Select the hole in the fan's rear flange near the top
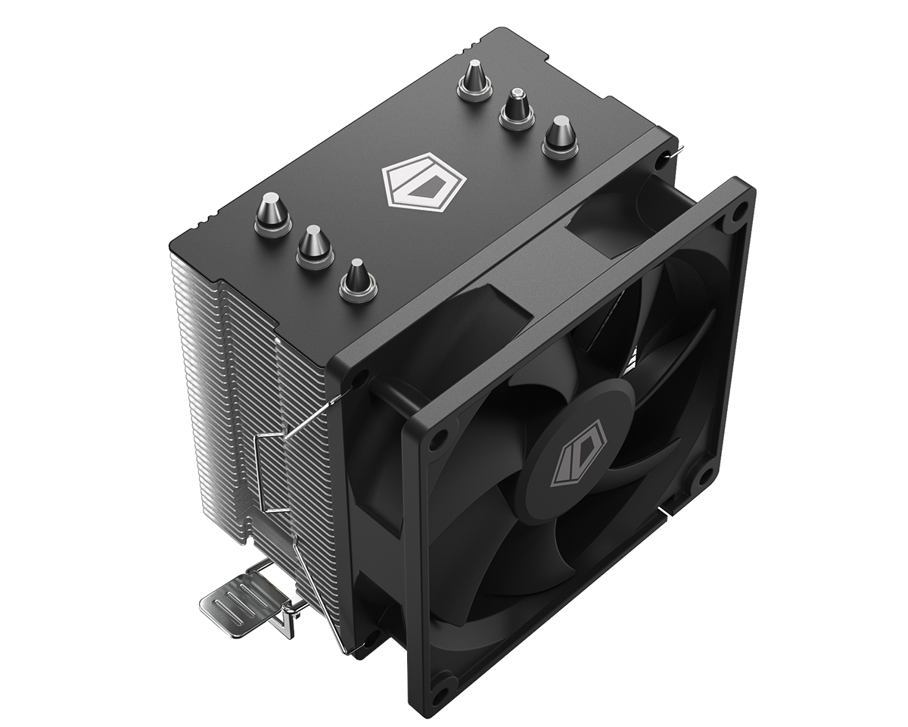pyautogui.click(x=664, y=161)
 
